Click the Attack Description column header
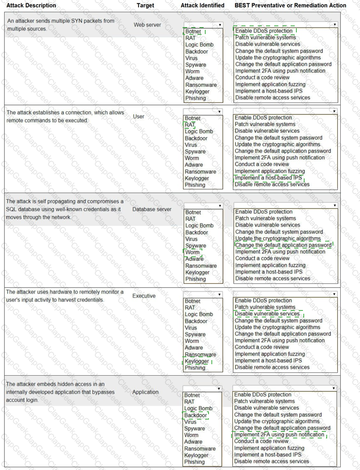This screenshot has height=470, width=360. click(x=31, y=5)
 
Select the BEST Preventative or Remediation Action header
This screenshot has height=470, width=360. click(x=290, y=5)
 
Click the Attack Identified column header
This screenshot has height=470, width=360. click(x=202, y=5)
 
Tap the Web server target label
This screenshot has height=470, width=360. click(x=147, y=25)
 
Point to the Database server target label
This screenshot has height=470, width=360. click(x=152, y=209)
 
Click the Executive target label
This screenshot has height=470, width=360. click(x=144, y=296)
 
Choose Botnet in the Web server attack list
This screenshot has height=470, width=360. click(x=193, y=32)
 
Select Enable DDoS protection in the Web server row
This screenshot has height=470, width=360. click(x=264, y=31)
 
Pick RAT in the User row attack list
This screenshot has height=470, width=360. click(x=190, y=125)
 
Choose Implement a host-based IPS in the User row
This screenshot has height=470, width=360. click(x=268, y=178)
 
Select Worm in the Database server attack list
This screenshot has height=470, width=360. click(x=192, y=252)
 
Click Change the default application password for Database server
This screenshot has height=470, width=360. click(x=283, y=245)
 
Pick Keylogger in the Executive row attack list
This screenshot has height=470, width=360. click(x=197, y=361)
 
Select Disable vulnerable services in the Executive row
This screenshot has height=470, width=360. click(x=267, y=314)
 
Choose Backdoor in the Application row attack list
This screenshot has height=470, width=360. click(x=196, y=415)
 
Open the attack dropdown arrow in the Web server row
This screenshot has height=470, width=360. click(x=220, y=25)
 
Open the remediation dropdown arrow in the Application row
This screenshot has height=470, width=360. click(x=334, y=388)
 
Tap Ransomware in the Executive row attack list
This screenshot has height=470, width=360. click(x=200, y=355)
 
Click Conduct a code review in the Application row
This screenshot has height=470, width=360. click(x=261, y=441)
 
